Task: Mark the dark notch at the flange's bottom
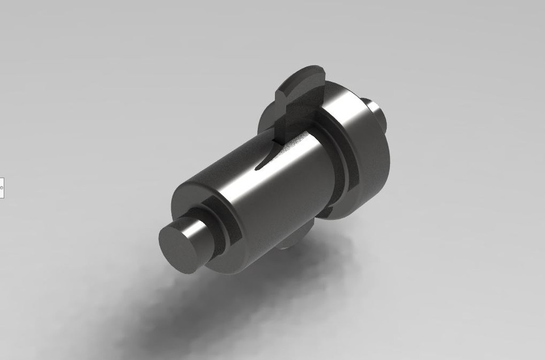click(x=328, y=212)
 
